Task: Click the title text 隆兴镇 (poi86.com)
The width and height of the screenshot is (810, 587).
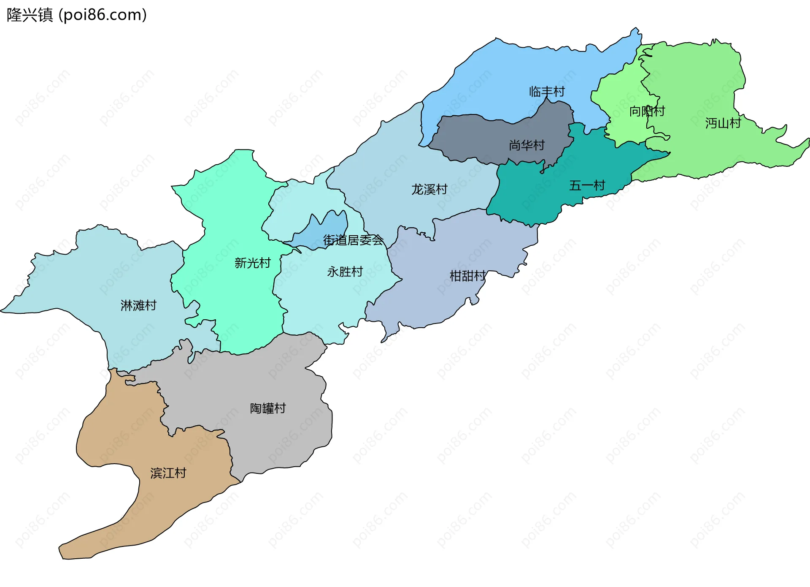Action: (76, 15)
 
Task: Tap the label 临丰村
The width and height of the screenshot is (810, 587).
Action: (547, 92)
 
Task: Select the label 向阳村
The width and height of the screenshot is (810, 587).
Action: (647, 111)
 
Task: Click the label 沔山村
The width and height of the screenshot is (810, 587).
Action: (723, 123)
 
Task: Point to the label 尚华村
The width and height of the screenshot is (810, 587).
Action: (526, 145)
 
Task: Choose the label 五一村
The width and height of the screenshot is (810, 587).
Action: (587, 185)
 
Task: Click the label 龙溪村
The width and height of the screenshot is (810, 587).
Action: (429, 189)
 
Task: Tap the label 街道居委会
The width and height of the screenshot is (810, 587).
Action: (353, 240)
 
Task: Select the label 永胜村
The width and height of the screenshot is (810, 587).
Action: (345, 272)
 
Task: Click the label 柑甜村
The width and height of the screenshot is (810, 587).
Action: (467, 276)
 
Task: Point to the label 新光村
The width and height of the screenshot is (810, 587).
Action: (252, 263)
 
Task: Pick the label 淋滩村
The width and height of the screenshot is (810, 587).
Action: (138, 305)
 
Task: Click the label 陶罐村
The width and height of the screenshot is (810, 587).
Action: (268, 408)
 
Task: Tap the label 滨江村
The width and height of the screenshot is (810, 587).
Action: (168, 473)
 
